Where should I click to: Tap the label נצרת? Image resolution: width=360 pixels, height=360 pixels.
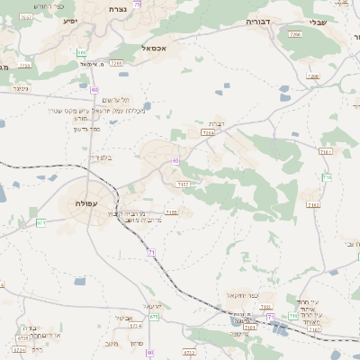coord(117,9)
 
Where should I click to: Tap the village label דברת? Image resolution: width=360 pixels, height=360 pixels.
coord(216,123)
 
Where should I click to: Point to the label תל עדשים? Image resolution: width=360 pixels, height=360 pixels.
coord(113,99)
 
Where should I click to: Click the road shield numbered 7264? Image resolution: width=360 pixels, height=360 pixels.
coord(208,132)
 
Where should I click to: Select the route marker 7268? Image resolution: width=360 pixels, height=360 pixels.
coord(294,33)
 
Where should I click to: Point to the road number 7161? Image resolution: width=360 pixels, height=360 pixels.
coord(325,152)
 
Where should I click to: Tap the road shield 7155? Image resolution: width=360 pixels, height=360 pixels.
coord(172,212)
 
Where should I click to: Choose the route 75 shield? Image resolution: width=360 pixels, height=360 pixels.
coord(136,4)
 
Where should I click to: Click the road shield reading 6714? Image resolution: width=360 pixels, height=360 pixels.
coord(20,350)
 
